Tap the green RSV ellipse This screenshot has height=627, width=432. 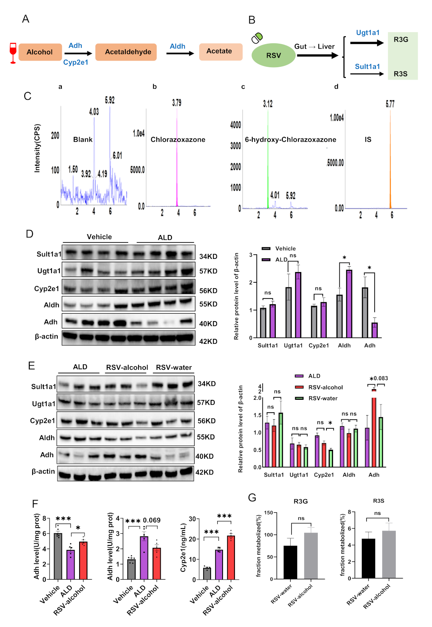coord(273,55)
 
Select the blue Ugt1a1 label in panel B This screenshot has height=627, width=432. coord(368,33)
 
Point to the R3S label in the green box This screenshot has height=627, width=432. coord(400,74)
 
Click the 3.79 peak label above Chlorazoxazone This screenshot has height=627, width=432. coord(176,103)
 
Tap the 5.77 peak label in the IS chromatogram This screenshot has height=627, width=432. coord(390,104)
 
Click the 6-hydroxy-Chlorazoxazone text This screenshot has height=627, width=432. coord(290,140)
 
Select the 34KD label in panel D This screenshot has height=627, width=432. coord(208,256)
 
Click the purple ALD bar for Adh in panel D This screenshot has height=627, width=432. coord(374,330)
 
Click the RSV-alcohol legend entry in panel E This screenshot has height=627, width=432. coord(325,387)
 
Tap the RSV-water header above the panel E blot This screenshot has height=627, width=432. coord(174,367)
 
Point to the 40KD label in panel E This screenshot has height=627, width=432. coord(204,456)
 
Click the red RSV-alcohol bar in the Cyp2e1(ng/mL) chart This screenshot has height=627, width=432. coord(231,557)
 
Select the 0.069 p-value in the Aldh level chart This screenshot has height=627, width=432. coord(152,520)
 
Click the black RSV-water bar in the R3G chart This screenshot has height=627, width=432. coord(290,562)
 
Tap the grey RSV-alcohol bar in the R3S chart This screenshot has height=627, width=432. coord(389,554)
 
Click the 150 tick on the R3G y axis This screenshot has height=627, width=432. coord(268,513)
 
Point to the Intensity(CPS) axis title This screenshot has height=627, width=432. coord(37,148)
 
